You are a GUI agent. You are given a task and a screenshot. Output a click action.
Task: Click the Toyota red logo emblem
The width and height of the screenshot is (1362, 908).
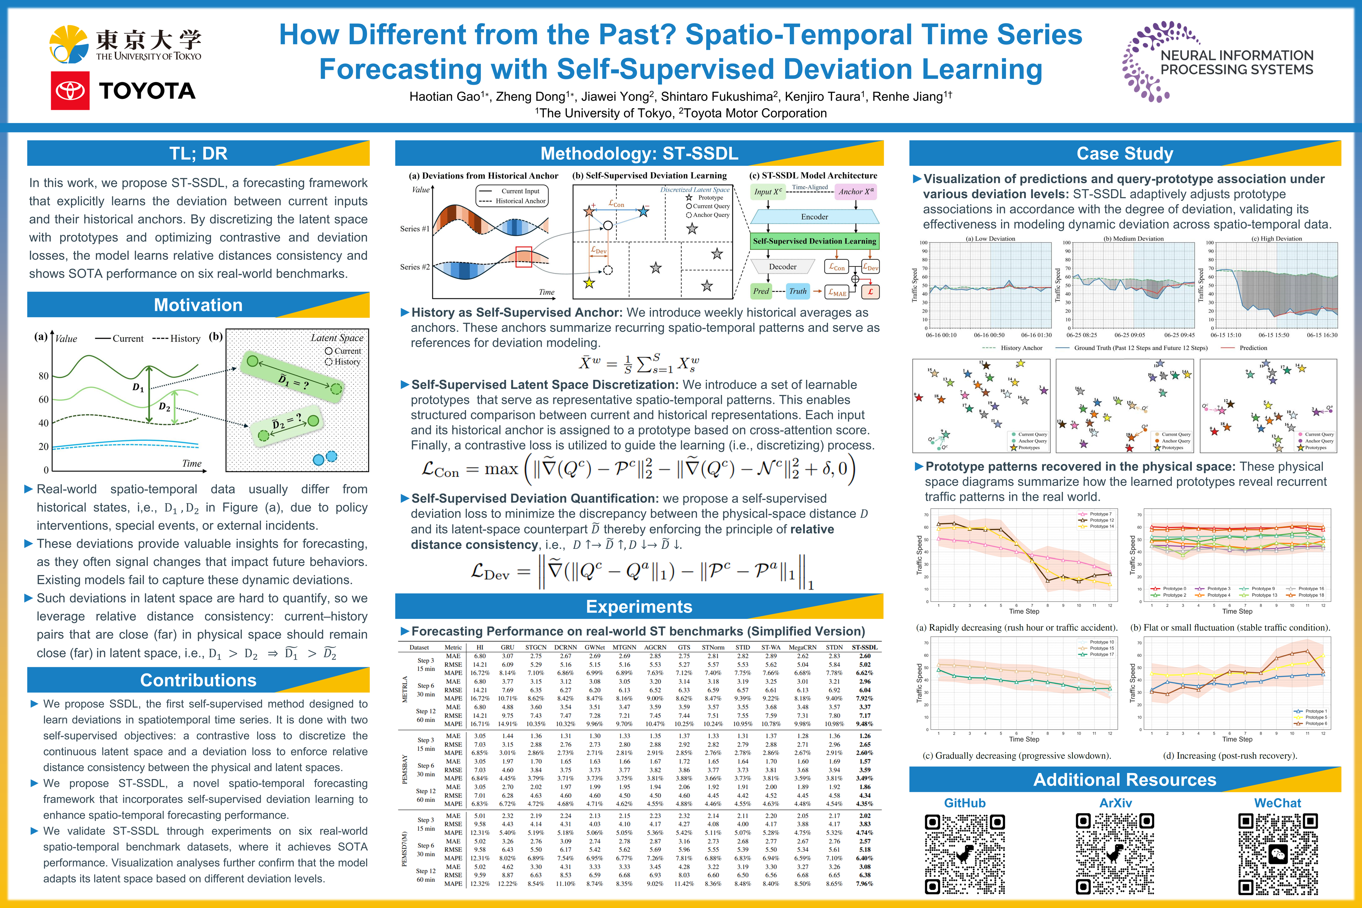pos(70,91)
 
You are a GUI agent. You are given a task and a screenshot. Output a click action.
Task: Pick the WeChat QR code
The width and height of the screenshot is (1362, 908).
pos(1278,853)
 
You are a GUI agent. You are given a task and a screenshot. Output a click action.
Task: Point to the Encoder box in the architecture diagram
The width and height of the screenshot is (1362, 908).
pos(814,217)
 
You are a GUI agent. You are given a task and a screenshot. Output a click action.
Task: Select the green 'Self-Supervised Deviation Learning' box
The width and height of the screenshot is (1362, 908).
pos(814,241)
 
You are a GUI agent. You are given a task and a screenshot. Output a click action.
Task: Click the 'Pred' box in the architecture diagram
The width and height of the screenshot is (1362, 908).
pos(761,291)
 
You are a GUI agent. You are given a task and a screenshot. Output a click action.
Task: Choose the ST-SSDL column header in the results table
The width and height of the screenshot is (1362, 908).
pos(864,647)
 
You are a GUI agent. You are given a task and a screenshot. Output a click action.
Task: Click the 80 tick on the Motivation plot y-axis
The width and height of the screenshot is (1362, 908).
pos(44,376)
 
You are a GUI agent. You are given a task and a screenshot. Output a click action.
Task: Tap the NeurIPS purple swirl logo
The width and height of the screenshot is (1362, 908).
pos(1142,62)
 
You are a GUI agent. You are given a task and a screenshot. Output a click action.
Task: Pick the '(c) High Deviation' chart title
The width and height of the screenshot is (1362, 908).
pos(1276,239)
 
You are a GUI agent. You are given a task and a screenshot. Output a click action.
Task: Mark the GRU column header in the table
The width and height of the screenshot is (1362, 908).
pos(507,647)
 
